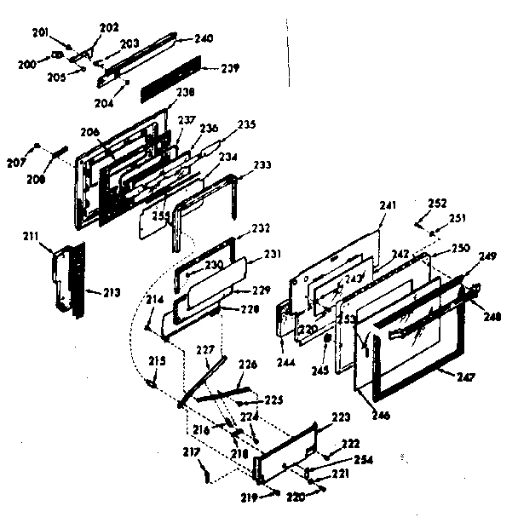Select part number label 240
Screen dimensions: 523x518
pyautogui.click(x=204, y=38)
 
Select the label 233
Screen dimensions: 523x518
pyautogui.click(x=263, y=165)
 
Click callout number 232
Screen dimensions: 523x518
pyautogui.click(x=260, y=228)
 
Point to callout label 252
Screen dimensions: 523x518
pyautogui.click(x=437, y=204)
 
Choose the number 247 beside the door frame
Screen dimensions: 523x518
pyautogui.click(x=465, y=376)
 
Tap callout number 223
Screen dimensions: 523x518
pyautogui.click(x=341, y=417)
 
